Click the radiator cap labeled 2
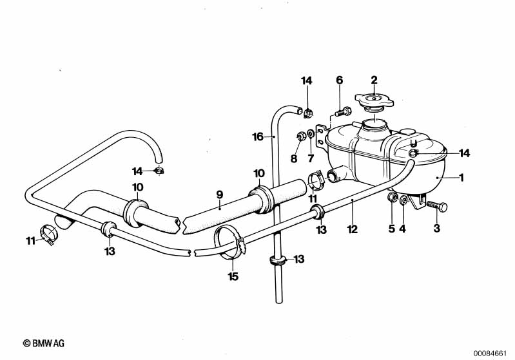click(x=374, y=100)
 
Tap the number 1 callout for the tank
click(x=462, y=178)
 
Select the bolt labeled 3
click(x=437, y=206)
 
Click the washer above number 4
click(x=403, y=200)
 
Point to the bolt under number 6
click(x=343, y=112)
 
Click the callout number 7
click(x=311, y=158)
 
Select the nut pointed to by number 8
click(x=300, y=135)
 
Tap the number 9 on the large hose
click(x=220, y=195)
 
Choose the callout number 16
click(x=258, y=137)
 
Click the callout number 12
click(x=352, y=229)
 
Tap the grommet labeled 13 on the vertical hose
click(x=278, y=260)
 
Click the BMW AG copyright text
click(x=44, y=343)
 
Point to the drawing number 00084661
click(x=490, y=353)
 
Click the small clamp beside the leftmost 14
click(x=159, y=171)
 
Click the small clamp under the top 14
click(x=307, y=113)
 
